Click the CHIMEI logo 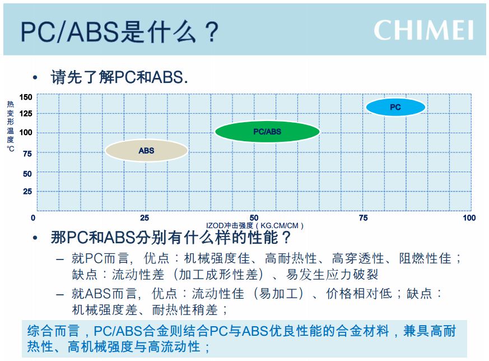point(423,30)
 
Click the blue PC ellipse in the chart point(395,107)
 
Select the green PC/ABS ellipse point(267,131)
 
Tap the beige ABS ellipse point(147,150)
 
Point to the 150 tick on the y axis point(26,97)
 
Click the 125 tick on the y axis point(26,114)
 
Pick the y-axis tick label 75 point(27,154)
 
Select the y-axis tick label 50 point(27,174)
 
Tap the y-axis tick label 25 point(27,191)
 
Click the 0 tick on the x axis point(33,218)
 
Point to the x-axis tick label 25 point(145,218)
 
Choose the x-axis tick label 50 point(254,218)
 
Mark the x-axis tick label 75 point(363,218)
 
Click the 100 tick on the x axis point(469,218)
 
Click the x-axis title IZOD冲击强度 point(230,225)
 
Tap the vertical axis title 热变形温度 point(10,122)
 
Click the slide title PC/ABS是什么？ point(120,32)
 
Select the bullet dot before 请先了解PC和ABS point(35,77)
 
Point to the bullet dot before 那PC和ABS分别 point(35,238)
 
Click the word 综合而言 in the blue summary point(53,331)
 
